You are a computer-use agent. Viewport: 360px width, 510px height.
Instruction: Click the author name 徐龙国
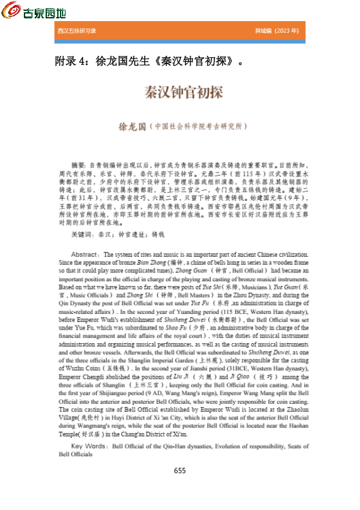133,127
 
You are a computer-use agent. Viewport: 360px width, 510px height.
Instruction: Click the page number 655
180,471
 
